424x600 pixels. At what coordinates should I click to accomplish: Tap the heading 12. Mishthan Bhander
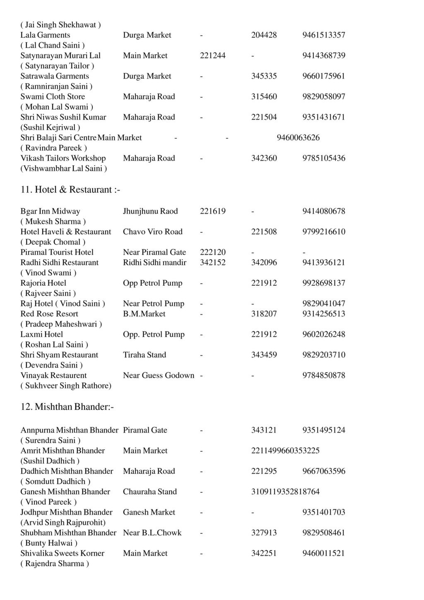[67, 407]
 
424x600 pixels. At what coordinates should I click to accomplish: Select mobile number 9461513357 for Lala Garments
[323, 35]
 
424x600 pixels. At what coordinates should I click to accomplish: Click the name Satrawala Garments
[55, 76]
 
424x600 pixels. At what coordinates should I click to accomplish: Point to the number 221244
[212, 55]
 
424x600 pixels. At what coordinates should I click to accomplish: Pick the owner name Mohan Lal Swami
[57, 107]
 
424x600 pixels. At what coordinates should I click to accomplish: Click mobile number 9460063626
[298, 137]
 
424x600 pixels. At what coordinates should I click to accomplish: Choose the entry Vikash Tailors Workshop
[63, 158]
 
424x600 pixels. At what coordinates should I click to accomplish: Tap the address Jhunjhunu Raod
[150, 211]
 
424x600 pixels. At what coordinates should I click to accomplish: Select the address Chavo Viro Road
[152, 232]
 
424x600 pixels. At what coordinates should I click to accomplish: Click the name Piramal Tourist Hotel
[57, 252]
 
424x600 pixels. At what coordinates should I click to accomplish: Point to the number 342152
[212, 263]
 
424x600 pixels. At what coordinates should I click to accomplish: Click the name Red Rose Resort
[49, 314]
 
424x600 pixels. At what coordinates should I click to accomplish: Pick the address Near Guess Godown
[158, 376]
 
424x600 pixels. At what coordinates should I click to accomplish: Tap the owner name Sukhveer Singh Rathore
[66, 386]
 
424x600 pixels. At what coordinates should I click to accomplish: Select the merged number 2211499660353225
[285, 451]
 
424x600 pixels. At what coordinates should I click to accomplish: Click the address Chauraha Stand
[149, 492]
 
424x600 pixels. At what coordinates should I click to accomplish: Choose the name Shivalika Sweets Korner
[62, 553]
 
